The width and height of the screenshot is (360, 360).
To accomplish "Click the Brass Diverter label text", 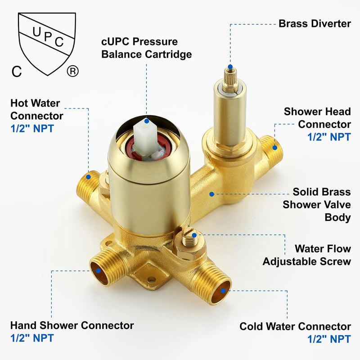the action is tap(315, 24).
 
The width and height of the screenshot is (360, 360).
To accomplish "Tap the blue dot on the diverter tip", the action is tap(230, 67).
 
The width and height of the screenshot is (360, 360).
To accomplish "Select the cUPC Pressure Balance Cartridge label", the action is tap(147, 48).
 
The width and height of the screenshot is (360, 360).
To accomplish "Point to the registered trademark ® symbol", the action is tap(73, 71).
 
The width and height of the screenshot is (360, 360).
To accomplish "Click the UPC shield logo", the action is tap(47, 44).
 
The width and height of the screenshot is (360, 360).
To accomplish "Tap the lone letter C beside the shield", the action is tap(17, 72).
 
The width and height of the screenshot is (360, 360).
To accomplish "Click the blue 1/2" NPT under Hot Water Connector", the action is tap(32, 128).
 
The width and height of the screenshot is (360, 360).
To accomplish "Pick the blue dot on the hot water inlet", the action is tap(88, 177).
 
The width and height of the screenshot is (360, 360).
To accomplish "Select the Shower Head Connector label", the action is tap(317, 118).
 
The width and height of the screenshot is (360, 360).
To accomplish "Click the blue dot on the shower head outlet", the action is tap(275, 148).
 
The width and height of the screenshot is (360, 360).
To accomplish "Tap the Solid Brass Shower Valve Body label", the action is tap(317, 204).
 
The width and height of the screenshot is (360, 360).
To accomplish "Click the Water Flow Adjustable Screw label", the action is tap(307, 255).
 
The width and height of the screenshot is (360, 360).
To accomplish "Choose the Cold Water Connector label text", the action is tap(295, 326).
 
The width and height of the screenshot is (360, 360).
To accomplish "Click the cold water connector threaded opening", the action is tap(221, 292).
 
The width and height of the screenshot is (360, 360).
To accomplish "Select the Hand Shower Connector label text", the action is tap(72, 325).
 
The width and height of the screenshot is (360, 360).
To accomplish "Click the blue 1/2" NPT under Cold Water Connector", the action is tap(329, 339).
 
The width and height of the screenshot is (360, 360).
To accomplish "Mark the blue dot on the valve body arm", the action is tap(211, 194).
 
